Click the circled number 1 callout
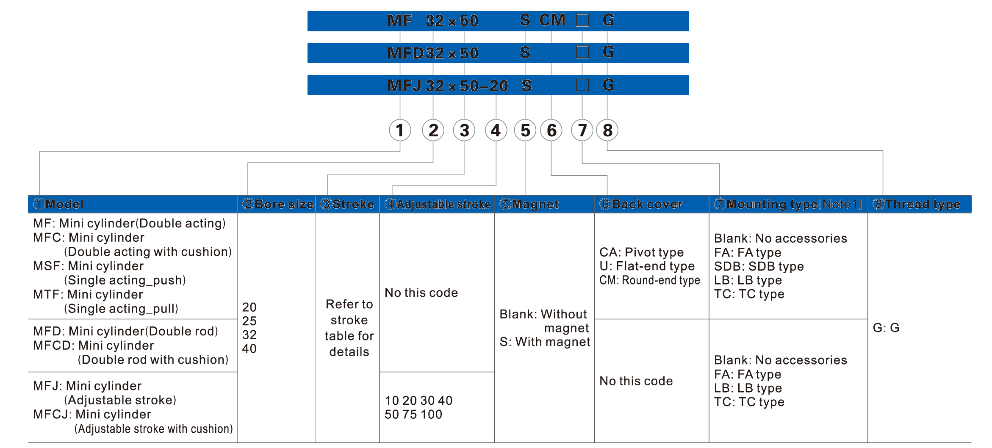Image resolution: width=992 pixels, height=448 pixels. tap(400, 130)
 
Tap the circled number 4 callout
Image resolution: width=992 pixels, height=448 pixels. tap(496, 130)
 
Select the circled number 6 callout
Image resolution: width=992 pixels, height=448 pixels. tap(551, 130)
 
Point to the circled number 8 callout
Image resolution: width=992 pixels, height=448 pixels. tap(607, 130)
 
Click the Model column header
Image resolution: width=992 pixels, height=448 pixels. tap(58, 204)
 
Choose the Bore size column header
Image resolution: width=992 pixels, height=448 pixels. tap(278, 204)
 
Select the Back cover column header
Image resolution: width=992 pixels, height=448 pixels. tap(641, 204)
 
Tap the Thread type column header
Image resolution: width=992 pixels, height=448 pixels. tap(917, 204)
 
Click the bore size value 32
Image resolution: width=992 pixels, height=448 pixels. tap(249, 335)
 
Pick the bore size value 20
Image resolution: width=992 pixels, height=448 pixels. tap(249, 307)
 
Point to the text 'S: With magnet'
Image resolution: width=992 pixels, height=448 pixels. tap(545, 342)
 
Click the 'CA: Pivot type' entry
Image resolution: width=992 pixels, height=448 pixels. tap(641, 252)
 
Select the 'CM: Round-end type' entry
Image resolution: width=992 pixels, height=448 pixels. tap(650, 280)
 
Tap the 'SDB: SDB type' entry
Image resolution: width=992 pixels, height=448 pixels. tap(759, 266)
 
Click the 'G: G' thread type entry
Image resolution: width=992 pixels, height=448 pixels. tap(886, 328)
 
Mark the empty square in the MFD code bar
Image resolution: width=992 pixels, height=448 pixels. tap(582, 52)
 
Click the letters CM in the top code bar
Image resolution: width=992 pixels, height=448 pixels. tap(552, 20)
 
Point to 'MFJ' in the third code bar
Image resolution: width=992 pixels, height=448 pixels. tap(405, 86)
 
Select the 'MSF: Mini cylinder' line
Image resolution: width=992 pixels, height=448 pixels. tap(89, 266)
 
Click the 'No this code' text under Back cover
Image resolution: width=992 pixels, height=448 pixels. tap(636, 381)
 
